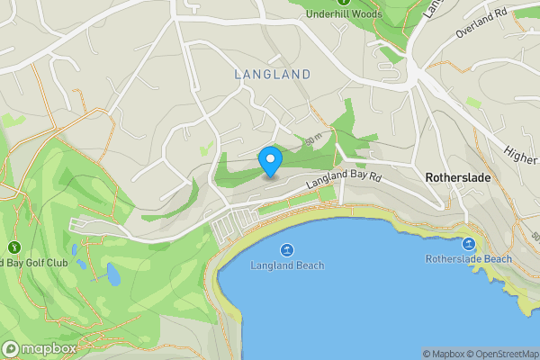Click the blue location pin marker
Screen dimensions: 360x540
[x=270, y=161]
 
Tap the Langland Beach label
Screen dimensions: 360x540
[x=287, y=265]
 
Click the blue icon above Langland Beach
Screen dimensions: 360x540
[x=287, y=249]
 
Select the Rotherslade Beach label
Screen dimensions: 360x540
[x=468, y=259]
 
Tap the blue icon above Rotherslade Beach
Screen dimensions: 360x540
[x=469, y=244]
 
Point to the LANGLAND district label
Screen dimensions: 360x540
[x=272, y=75]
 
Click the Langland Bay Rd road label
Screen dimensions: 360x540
[x=345, y=180]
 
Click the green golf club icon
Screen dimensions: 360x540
[x=14, y=247]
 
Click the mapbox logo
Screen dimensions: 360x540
[x=40, y=348]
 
